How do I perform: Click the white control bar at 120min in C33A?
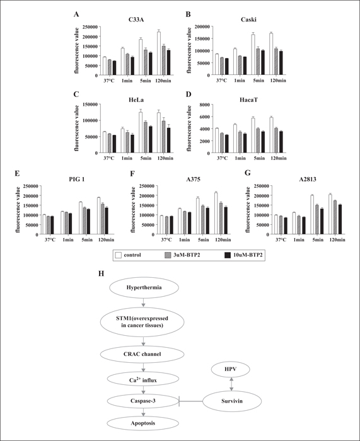point(159,54)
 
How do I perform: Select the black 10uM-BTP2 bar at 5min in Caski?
point(263,63)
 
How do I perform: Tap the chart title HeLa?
point(137,100)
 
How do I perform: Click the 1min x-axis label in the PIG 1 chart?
point(68,240)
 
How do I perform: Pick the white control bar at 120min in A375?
point(216,214)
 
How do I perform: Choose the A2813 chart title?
point(308,180)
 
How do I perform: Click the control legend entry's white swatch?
point(119,255)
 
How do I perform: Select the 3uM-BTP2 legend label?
point(187,255)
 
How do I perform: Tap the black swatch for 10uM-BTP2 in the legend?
point(228,255)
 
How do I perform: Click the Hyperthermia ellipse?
point(144,288)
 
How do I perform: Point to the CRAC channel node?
point(142,354)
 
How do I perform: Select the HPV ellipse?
point(231,369)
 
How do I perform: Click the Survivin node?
point(232,401)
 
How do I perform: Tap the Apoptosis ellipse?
point(142,423)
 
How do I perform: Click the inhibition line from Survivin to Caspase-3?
point(190,401)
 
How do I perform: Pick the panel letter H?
point(101,273)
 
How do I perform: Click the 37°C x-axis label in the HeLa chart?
point(108,158)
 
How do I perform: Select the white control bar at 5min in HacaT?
point(253,135)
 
